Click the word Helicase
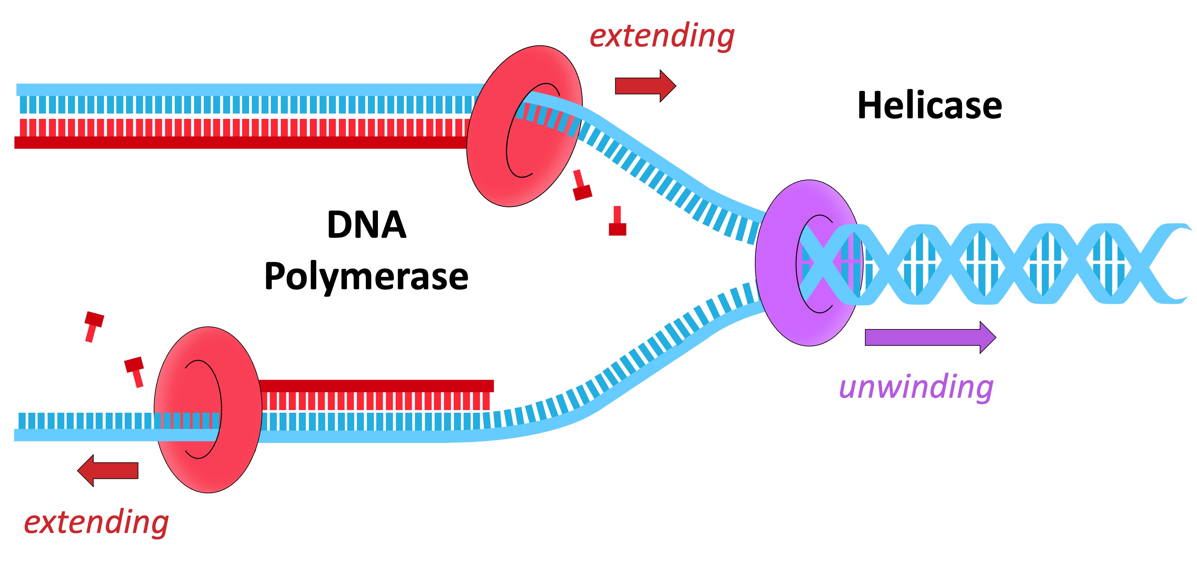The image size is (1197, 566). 929,106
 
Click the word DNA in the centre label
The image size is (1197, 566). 367,225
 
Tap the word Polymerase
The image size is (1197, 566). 367,277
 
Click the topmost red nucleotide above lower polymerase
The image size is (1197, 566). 93,326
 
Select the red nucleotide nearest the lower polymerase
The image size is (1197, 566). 135,371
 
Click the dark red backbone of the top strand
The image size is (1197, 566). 232,142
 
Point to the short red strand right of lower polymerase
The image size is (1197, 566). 376,386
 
